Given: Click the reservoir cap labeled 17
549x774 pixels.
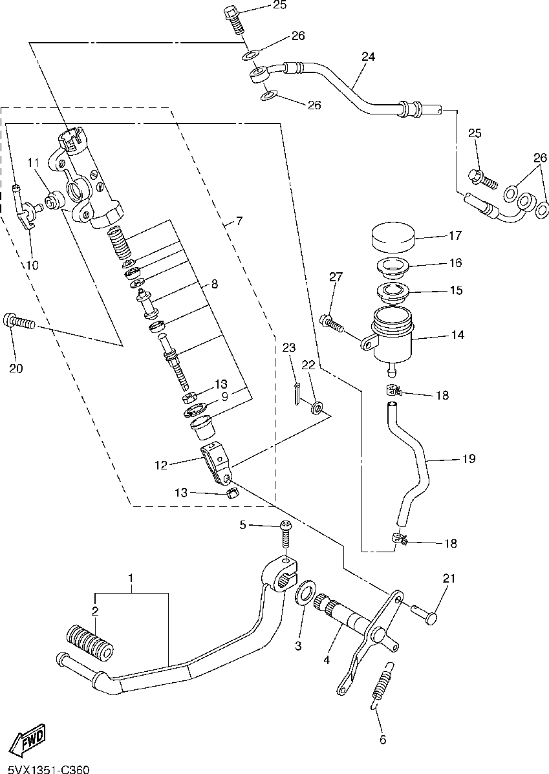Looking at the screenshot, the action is [391, 237].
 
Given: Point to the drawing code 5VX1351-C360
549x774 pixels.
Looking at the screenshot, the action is [45, 769].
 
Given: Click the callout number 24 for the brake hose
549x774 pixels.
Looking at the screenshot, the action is [368, 56].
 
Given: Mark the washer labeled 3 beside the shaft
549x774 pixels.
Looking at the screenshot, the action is [306, 592].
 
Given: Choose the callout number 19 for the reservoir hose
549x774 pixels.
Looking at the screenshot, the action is [469, 458].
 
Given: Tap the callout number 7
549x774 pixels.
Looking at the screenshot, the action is [239, 220].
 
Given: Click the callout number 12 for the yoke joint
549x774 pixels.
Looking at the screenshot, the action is [162, 465].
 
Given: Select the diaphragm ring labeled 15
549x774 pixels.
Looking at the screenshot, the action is [393, 292].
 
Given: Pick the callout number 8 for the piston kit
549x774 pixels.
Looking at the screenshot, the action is [214, 284].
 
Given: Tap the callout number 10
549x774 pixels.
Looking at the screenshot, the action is [32, 265].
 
